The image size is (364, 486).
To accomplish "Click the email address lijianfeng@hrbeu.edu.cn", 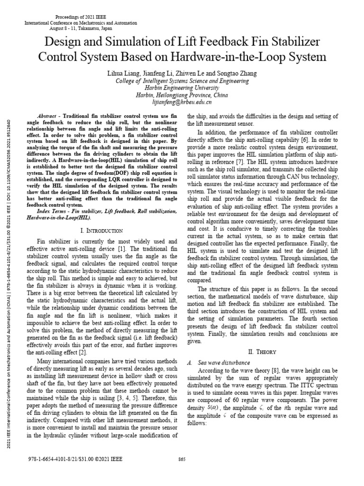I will click(182, 102).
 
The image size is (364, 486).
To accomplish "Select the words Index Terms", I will click(51, 210).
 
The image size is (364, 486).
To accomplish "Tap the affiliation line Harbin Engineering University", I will click(182, 88).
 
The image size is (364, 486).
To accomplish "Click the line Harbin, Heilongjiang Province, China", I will click(182, 95).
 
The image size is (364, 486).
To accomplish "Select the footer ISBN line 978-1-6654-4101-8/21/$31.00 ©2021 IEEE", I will click(76, 459).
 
